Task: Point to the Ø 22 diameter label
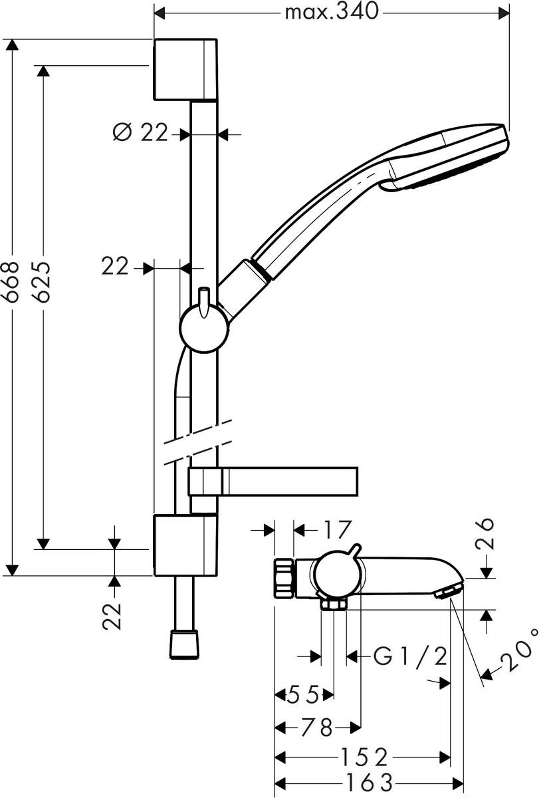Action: tap(140, 133)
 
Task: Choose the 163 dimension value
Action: tap(365, 782)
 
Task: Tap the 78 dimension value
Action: tap(316, 728)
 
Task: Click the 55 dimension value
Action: tap(302, 695)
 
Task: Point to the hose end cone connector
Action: tap(185, 643)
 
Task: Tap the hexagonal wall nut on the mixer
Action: tap(284, 579)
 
